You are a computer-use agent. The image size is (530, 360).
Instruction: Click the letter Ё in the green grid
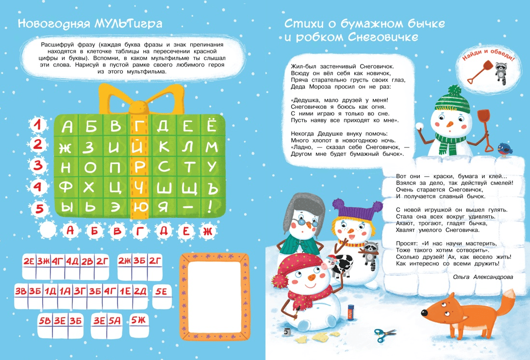tap(212, 125)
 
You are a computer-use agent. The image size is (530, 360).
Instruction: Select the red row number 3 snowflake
tap(37, 165)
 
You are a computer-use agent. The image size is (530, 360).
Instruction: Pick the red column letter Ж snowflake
tap(207, 231)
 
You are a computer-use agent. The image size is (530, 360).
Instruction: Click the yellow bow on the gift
tap(142, 99)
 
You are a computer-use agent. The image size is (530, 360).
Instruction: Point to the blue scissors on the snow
tap(385, 335)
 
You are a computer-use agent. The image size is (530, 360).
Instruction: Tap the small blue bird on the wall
tap(505, 149)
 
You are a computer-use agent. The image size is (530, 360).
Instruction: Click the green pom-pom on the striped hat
tap(455, 91)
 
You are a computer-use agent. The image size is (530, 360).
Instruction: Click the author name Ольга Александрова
tap(482, 277)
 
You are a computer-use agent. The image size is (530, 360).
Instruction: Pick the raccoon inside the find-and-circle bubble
tap(501, 72)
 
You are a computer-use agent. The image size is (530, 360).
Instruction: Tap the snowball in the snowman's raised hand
tap(420, 126)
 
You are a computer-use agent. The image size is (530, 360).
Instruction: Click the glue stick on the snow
tap(350, 311)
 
